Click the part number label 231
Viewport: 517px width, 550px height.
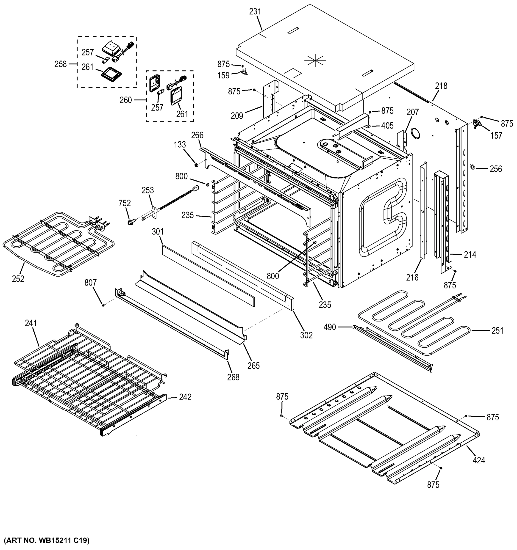(x=255, y=12)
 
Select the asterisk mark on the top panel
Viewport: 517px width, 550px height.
(x=315, y=60)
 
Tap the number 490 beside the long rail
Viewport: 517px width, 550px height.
(x=330, y=327)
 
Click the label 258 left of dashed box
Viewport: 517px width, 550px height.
(x=61, y=64)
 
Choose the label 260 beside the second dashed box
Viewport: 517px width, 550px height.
(x=126, y=100)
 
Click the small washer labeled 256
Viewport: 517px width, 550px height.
(x=473, y=167)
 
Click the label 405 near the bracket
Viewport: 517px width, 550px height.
(x=387, y=126)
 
